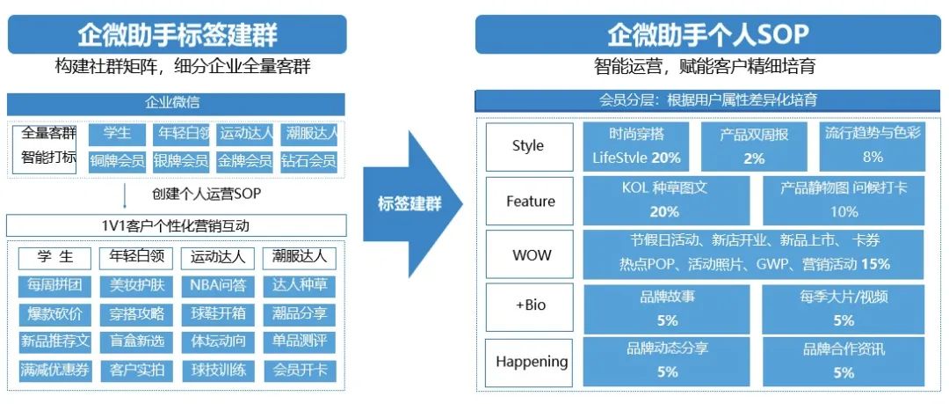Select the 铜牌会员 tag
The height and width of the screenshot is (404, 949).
tap(117, 161)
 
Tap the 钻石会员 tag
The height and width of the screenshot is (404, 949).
tap(310, 161)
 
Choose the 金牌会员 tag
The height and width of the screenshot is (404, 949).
tap(245, 161)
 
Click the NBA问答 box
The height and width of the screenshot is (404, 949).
tap(217, 285)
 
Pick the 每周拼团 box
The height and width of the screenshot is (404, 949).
tap(54, 285)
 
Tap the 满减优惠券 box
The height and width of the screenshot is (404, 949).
tap(54, 370)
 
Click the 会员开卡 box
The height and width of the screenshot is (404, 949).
tap(301, 370)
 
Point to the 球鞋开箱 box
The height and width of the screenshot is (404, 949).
tap(217, 313)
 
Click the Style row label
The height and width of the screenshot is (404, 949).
tap(528, 146)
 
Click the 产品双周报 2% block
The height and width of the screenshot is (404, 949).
tap(754, 146)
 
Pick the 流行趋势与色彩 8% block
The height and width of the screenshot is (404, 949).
tap(872, 146)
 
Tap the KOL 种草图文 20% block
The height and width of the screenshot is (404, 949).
tap(664, 200)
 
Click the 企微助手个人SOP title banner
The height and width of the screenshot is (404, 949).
tap(708, 34)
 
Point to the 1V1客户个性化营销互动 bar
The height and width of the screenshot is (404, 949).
tap(176, 226)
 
